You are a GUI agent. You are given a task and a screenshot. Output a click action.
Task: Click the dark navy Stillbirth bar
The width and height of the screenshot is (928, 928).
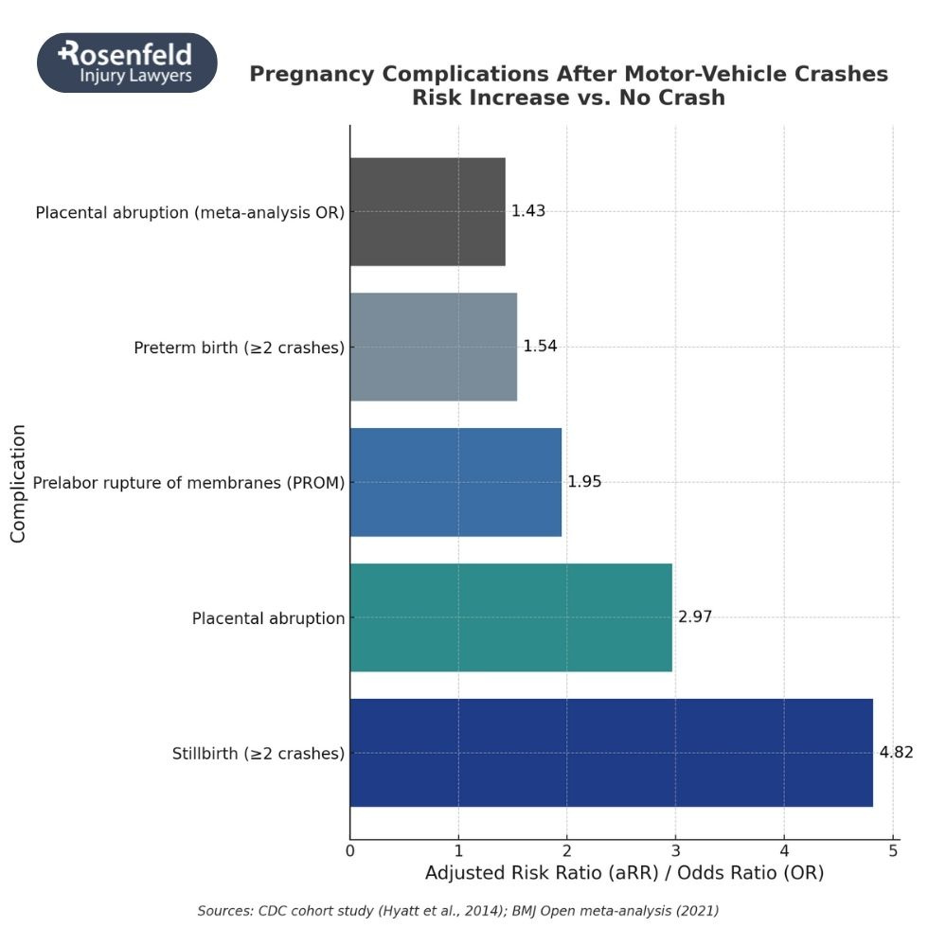611,753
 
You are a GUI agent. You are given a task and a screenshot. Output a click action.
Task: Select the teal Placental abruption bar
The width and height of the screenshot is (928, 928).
510,617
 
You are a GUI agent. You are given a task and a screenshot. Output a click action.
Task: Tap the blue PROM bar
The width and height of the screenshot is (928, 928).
455,482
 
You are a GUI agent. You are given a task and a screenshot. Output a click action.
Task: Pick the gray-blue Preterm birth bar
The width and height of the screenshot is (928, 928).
433,347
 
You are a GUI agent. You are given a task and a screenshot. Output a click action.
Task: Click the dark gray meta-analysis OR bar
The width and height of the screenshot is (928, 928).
427,211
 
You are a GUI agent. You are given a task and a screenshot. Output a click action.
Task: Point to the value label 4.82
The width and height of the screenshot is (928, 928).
896,753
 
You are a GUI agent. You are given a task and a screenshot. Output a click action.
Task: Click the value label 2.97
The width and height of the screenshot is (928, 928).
694,617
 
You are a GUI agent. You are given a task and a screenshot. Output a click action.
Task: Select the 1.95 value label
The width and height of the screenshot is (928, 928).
584,482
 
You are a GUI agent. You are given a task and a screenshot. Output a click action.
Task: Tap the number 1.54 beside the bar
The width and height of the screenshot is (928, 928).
540,347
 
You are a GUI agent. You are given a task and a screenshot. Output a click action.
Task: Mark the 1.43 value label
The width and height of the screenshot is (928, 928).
527,211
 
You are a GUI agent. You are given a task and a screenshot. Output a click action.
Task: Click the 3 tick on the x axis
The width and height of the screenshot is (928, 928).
675,850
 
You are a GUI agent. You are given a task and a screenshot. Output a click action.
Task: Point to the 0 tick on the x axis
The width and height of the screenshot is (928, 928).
350,850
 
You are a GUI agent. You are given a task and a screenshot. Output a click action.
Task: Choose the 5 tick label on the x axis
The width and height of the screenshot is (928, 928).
892,850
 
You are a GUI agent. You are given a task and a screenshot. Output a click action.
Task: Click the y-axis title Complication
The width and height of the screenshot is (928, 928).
18,483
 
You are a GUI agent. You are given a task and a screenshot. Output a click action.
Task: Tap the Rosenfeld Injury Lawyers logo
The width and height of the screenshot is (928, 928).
127,62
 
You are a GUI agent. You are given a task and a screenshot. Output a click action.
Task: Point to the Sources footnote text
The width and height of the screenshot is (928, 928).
457,911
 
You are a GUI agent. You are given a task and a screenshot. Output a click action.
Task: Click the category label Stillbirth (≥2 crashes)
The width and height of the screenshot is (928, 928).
258,755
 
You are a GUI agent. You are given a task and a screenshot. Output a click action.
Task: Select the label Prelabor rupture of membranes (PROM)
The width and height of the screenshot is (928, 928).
188,483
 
